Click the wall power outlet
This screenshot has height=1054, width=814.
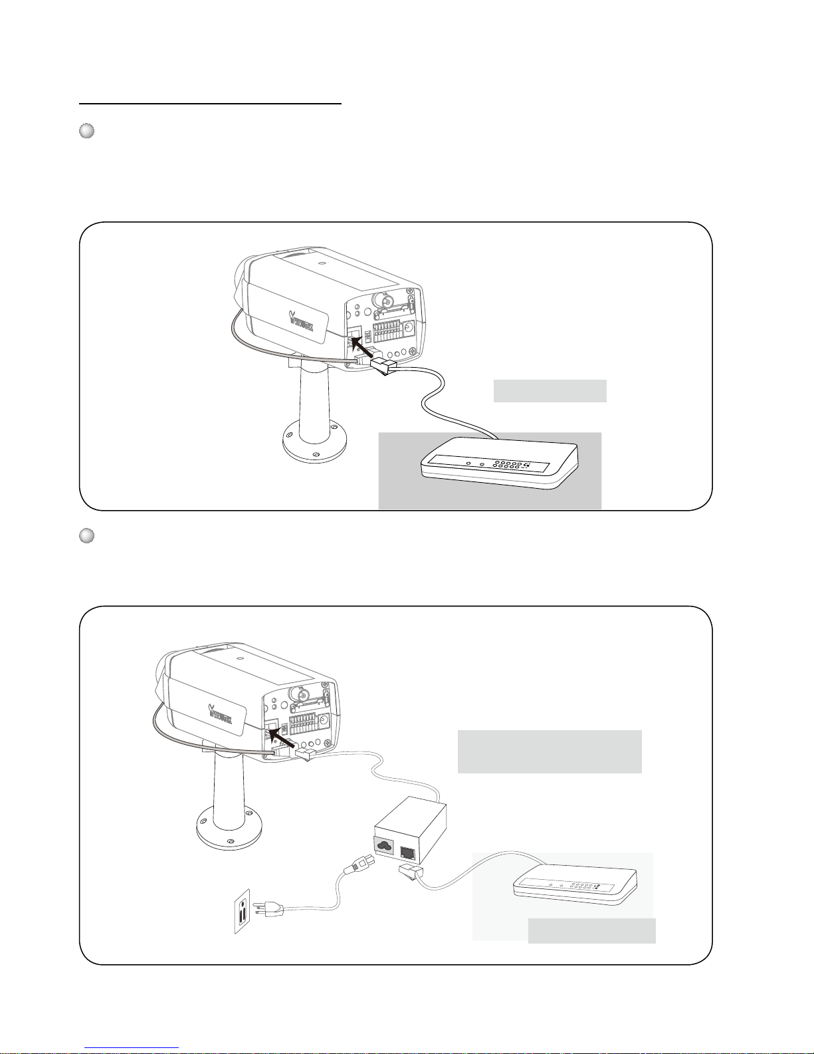point(245,911)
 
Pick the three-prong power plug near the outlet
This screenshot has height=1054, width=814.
point(272,910)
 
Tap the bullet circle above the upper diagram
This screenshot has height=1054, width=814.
point(86,131)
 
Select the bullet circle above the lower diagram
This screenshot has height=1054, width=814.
point(86,536)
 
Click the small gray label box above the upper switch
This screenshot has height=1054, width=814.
point(550,391)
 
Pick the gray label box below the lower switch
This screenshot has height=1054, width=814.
point(591,931)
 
